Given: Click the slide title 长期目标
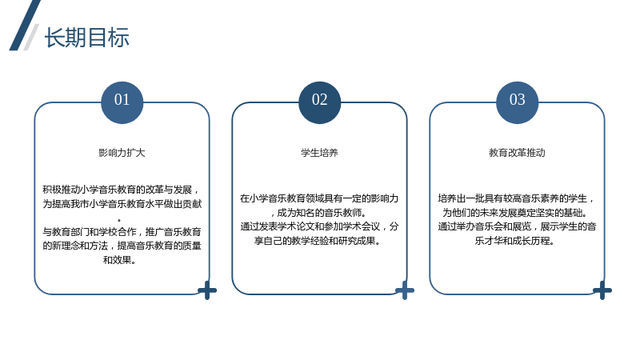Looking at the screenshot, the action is coord(87,38).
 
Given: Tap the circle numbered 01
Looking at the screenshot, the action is coord(122,102).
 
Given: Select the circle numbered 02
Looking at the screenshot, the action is coord(319,102).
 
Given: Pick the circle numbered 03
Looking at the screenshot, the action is coord(517,102).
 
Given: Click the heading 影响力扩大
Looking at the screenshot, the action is coord(122,153).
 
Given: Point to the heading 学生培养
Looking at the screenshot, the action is coord(319,153).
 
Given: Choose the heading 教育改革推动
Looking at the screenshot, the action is coord(517,153).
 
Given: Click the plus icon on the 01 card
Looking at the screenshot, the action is coord(207,290).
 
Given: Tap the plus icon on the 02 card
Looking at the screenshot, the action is coord(405,290).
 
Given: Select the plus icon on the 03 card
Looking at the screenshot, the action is coord(602,290).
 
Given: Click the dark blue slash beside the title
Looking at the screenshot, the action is coord(25,26).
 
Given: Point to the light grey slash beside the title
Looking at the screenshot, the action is coord(31,37).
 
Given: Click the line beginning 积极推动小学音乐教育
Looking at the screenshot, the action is coord(122,190).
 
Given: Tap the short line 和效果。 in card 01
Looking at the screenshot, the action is coord(119,260).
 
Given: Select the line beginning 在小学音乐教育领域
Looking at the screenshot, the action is coord(319,198).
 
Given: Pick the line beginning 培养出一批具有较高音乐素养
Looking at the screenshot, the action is coord(517,198).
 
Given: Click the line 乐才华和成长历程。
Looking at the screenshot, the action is coord(514,241).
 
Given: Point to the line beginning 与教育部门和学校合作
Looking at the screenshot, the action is coord(122,232).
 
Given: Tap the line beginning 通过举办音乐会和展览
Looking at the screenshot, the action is coord(517,226).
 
